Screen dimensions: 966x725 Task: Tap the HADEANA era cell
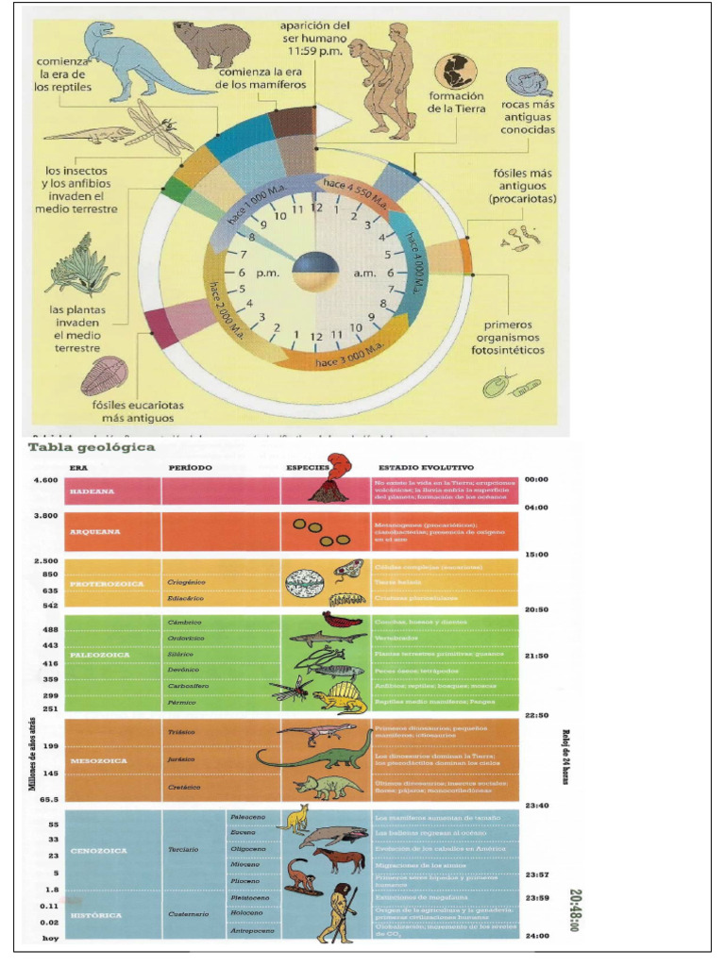click(91, 491)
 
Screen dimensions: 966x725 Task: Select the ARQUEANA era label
click(93, 531)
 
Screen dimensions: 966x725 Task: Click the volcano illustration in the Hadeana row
click(327, 482)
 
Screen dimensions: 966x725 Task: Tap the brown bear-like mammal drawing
click(212, 44)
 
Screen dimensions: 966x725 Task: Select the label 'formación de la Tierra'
click(457, 102)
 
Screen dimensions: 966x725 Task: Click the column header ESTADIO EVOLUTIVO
click(426, 467)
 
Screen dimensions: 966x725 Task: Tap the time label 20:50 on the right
click(536, 609)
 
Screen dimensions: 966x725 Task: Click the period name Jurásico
click(181, 758)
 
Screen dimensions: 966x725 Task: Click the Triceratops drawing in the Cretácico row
click(327, 787)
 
